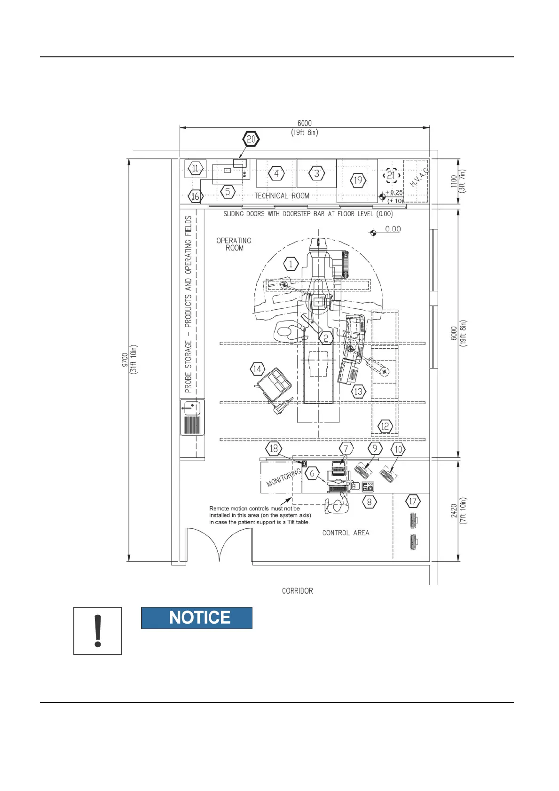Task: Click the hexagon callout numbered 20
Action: click(x=251, y=139)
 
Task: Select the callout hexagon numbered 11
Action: click(x=196, y=168)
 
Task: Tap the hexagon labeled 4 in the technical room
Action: click(x=276, y=173)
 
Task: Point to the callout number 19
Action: click(x=358, y=180)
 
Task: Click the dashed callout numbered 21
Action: click(x=391, y=176)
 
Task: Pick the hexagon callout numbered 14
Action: click(x=257, y=369)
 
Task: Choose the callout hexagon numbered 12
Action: click(x=385, y=426)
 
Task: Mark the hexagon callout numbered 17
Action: click(x=412, y=501)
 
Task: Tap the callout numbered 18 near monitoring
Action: click(x=274, y=448)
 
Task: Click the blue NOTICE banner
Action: click(x=197, y=618)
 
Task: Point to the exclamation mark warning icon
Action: click(x=98, y=631)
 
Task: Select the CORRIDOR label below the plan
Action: click(x=297, y=591)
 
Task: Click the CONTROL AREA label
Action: click(x=346, y=533)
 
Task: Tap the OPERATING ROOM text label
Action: click(x=234, y=244)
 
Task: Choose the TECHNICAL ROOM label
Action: click(x=282, y=196)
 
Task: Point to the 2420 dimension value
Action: click(x=454, y=510)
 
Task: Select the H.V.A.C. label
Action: click(x=419, y=178)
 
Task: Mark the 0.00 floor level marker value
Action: click(x=393, y=229)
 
